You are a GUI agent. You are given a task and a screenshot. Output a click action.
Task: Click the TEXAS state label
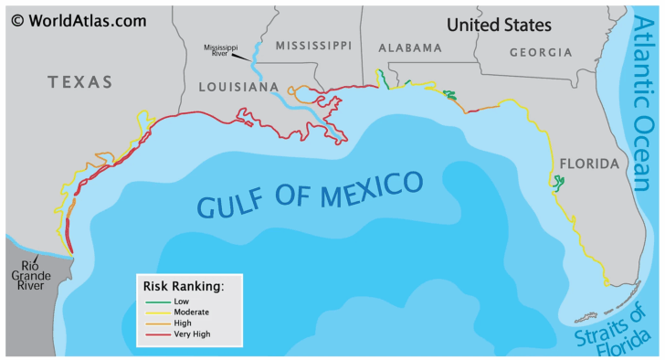point(80,82)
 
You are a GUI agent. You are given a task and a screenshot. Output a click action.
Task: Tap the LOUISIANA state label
point(238,87)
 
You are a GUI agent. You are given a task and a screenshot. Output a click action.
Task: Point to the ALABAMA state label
point(409,48)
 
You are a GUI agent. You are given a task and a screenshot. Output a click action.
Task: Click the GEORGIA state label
point(541,53)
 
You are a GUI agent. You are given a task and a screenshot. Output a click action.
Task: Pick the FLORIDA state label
point(588,164)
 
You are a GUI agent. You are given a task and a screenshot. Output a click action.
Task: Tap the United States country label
point(499,25)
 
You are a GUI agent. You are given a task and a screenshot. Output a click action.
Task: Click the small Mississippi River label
point(220,48)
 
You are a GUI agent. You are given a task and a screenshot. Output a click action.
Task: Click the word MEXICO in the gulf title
point(369,189)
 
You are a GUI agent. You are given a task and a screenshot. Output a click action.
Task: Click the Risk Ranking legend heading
point(184,285)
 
